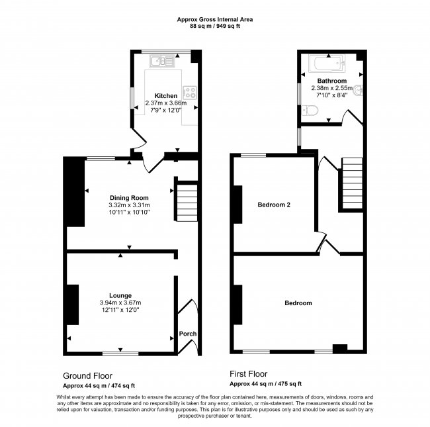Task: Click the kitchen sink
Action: [161, 62]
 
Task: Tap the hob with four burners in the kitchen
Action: [189, 93]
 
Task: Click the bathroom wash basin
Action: [358, 91]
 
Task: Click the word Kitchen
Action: [166, 96]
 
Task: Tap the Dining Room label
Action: [129, 197]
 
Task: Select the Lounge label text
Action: [120, 295]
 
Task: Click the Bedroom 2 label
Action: [275, 205]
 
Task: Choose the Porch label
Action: [188, 334]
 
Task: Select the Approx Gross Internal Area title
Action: [214, 20]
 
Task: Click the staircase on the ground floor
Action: [186, 199]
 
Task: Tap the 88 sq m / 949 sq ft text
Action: [214, 26]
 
